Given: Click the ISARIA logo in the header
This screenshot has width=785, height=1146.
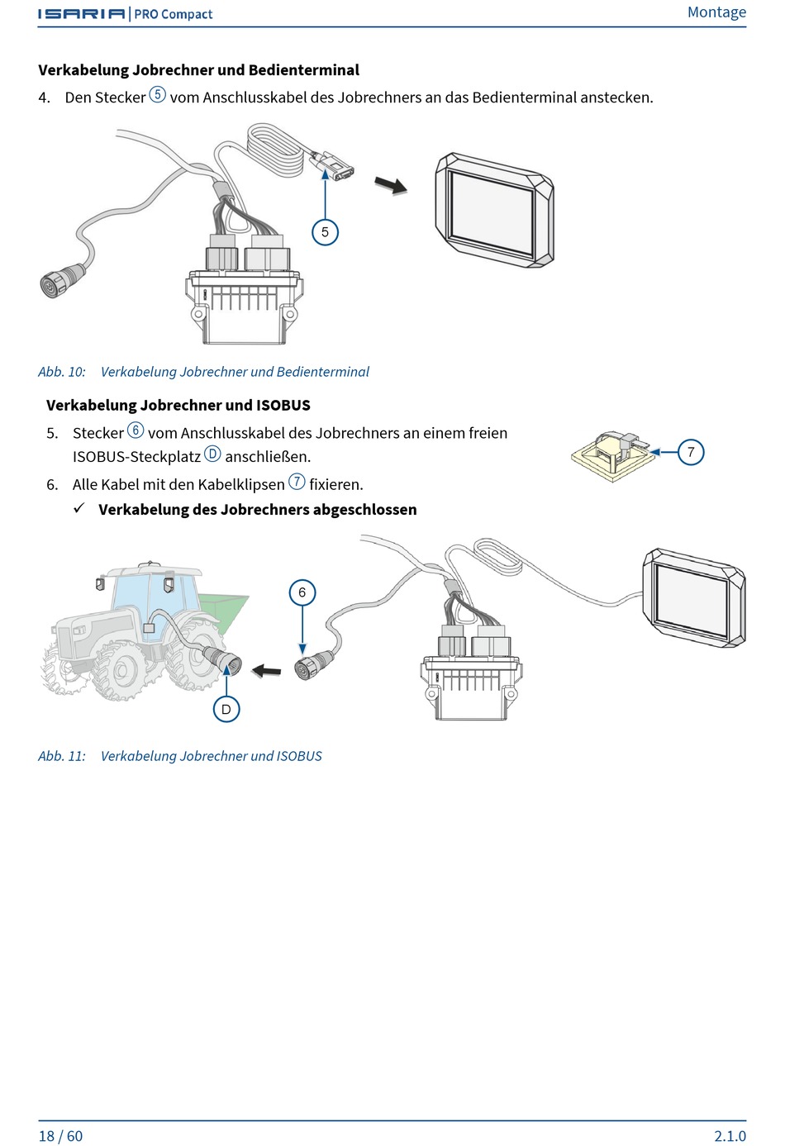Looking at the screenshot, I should [82, 14].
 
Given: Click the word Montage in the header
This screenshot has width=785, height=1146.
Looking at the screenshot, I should [716, 12].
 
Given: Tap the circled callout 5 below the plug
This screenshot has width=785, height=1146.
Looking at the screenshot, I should [325, 232].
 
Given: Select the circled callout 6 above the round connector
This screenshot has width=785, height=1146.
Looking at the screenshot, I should [302, 592].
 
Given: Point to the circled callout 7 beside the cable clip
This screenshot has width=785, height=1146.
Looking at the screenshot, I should [691, 452].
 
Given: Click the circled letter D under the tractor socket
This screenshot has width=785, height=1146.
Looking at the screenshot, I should [226, 709].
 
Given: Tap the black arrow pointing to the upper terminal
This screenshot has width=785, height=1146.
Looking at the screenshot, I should [391, 185].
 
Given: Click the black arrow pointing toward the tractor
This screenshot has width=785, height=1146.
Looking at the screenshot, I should [266, 670].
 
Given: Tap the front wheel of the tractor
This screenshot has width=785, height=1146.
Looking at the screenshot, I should [121, 668].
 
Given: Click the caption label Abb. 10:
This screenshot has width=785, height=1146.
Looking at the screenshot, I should [62, 372].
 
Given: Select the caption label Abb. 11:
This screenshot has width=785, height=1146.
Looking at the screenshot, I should [62, 756].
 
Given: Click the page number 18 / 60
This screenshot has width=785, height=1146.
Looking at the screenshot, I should [60, 1135].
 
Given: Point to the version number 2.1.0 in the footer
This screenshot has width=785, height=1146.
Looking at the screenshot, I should [730, 1135].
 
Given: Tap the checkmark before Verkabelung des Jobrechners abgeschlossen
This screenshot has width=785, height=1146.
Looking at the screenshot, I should [79, 508].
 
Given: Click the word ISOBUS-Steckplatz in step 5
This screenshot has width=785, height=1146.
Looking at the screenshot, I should [136, 456].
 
